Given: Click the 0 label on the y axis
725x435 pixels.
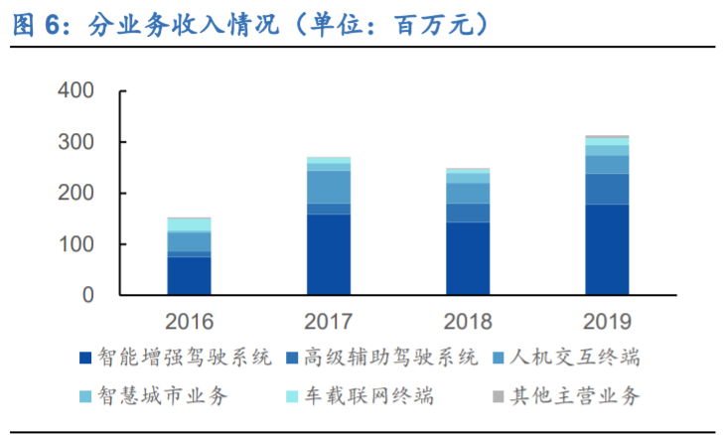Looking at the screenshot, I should (x=87, y=295).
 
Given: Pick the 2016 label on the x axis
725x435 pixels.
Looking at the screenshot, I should (x=190, y=322).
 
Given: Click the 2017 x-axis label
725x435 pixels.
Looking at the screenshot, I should (x=329, y=322).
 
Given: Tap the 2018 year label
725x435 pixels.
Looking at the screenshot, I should (x=468, y=322).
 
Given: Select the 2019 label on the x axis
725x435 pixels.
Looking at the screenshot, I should (x=607, y=322).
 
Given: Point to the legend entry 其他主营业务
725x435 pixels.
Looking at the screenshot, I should (x=572, y=396).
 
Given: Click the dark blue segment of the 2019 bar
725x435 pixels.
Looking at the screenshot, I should (x=607, y=249).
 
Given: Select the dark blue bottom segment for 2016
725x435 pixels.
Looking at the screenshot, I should (x=190, y=276).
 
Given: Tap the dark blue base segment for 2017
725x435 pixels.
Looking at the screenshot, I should (x=329, y=254).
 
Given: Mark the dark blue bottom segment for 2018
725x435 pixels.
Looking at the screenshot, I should (x=468, y=258).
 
